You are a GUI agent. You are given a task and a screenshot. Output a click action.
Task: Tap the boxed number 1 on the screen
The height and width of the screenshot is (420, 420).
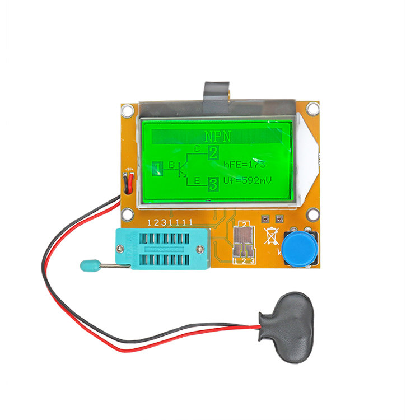(157, 166)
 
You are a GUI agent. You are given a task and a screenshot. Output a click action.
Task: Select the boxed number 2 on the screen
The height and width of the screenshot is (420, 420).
(213, 152)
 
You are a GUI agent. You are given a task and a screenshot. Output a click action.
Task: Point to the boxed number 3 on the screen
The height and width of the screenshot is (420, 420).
(213, 183)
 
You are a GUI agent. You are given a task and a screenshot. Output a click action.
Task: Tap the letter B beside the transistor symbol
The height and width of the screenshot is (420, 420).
(172, 165)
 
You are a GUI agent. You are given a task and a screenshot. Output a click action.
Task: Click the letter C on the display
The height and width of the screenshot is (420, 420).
(197, 148)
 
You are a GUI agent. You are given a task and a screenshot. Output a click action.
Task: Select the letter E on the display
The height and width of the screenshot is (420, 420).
(197, 180)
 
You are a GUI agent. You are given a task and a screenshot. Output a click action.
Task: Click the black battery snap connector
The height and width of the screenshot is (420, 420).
(286, 326)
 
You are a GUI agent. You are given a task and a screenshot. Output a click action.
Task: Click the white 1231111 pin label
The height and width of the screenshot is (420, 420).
(169, 222)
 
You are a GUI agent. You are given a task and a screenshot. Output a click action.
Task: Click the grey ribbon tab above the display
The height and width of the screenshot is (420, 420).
(217, 90)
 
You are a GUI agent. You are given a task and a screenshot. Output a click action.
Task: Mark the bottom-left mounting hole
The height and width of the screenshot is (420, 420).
(128, 214)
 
